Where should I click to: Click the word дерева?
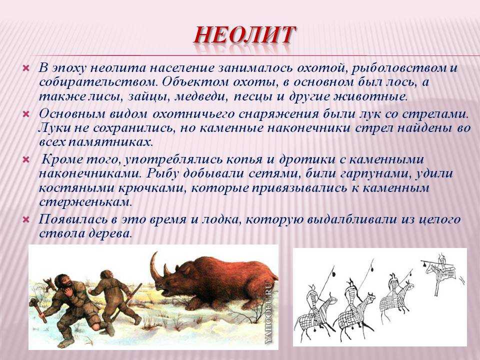click(110, 234)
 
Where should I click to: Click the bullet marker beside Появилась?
click(26, 219)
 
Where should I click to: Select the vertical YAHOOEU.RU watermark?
click(269, 311)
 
